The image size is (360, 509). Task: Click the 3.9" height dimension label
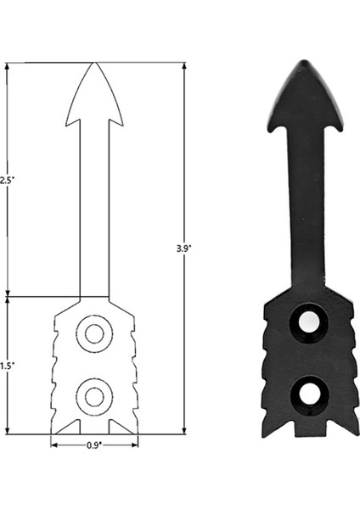[x=183, y=248]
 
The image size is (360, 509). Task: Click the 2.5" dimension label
[x=7, y=180]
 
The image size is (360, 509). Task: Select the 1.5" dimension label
[x=7, y=365]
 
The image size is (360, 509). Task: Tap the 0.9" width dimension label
[x=93, y=444]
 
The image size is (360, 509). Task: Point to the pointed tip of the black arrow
[x=301, y=62]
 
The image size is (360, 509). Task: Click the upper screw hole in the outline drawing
[x=94, y=333]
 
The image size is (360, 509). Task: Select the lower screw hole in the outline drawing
[x=94, y=394]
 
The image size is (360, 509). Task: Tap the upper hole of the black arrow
[x=309, y=322]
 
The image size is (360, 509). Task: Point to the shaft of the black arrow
[x=305, y=212]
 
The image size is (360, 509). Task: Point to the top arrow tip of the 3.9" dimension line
[x=183, y=64]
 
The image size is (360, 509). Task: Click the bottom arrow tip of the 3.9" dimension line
[x=183, y=433]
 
